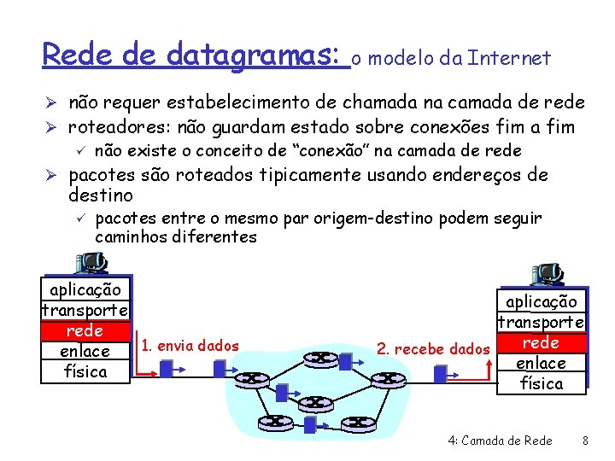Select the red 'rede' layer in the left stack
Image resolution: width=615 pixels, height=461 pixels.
85,330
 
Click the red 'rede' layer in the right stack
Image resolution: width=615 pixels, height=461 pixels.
542,342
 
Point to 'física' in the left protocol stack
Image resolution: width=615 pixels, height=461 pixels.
85,371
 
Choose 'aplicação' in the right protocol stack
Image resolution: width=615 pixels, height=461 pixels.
542,301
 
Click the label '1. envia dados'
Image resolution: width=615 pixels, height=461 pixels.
190,346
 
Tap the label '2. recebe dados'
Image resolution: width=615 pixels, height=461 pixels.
434,348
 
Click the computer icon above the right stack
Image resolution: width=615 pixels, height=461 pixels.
547,273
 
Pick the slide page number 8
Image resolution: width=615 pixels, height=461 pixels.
585,441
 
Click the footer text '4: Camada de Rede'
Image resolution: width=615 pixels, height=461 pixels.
500,441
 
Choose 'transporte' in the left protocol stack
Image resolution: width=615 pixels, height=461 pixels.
85,310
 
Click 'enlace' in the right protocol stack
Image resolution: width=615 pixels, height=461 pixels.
542,363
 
